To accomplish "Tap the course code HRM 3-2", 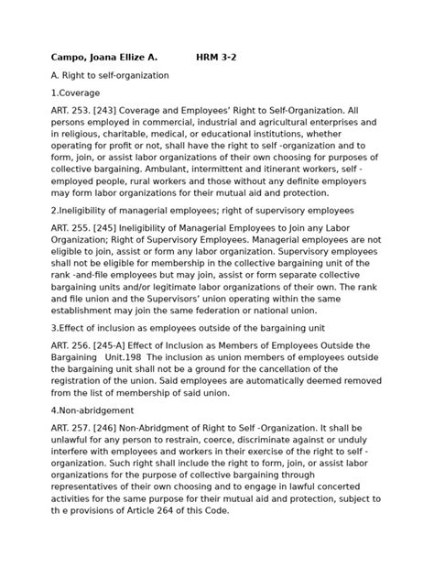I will click(x=221, y=57).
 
